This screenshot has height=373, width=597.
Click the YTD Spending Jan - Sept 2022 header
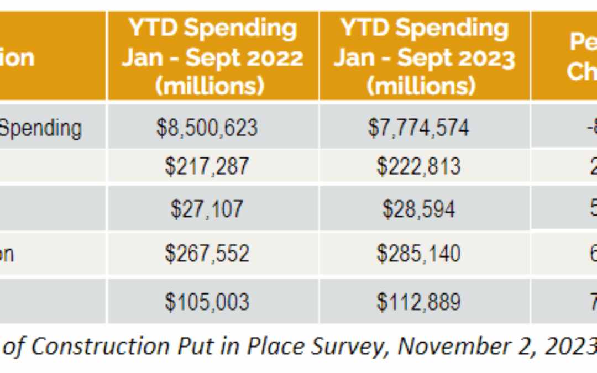pyautogui.click(x=212, y=57)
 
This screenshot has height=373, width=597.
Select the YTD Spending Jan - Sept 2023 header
pyautogui.click(x=424, y=57)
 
